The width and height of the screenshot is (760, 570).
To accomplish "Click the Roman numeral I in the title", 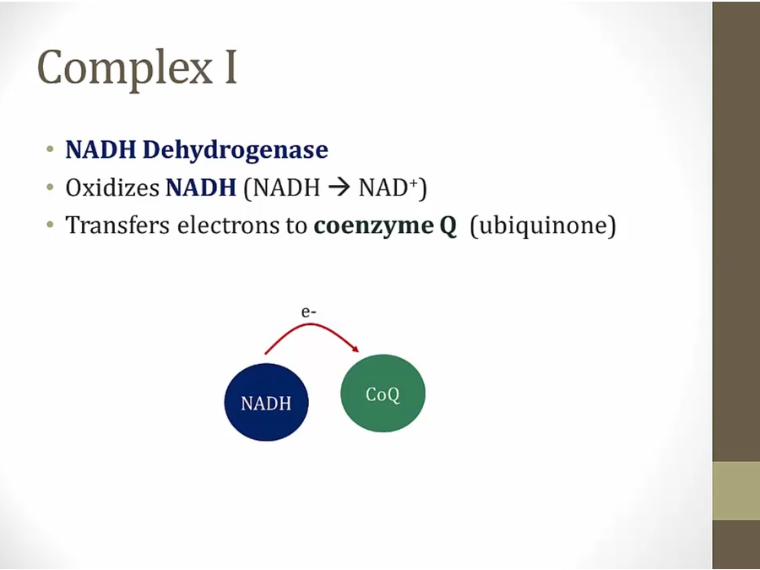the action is click(231, 67).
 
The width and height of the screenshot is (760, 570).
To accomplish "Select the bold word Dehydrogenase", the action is click(235, 149).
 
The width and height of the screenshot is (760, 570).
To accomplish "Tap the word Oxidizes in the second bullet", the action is click(112, 187).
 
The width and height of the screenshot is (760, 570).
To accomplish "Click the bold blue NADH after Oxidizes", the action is click(201, 187).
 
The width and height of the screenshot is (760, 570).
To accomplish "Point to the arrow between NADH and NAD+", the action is click(339, 187).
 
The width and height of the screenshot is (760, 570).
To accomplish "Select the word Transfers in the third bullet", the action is click(117, 225).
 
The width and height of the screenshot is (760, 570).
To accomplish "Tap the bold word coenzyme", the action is click(374, 225).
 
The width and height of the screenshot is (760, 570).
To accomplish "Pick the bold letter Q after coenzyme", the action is click(448, 225).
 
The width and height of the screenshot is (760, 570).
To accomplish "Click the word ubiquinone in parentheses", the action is click(543, 225).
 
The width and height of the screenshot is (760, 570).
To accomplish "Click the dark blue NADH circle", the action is click(266, 402).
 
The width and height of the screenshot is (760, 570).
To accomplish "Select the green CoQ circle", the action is click(383, 393).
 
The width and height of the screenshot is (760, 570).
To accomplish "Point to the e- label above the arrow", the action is click(308, 312).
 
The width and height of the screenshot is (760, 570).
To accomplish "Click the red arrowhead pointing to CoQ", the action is click(356, 349).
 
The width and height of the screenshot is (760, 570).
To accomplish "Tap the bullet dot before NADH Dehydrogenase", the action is click(50, 149).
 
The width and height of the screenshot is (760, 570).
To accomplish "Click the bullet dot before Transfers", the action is click(50, 225).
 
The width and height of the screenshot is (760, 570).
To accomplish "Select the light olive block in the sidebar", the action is click(736, 491).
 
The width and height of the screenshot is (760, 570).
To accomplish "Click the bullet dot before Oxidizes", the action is click(50, 187).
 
